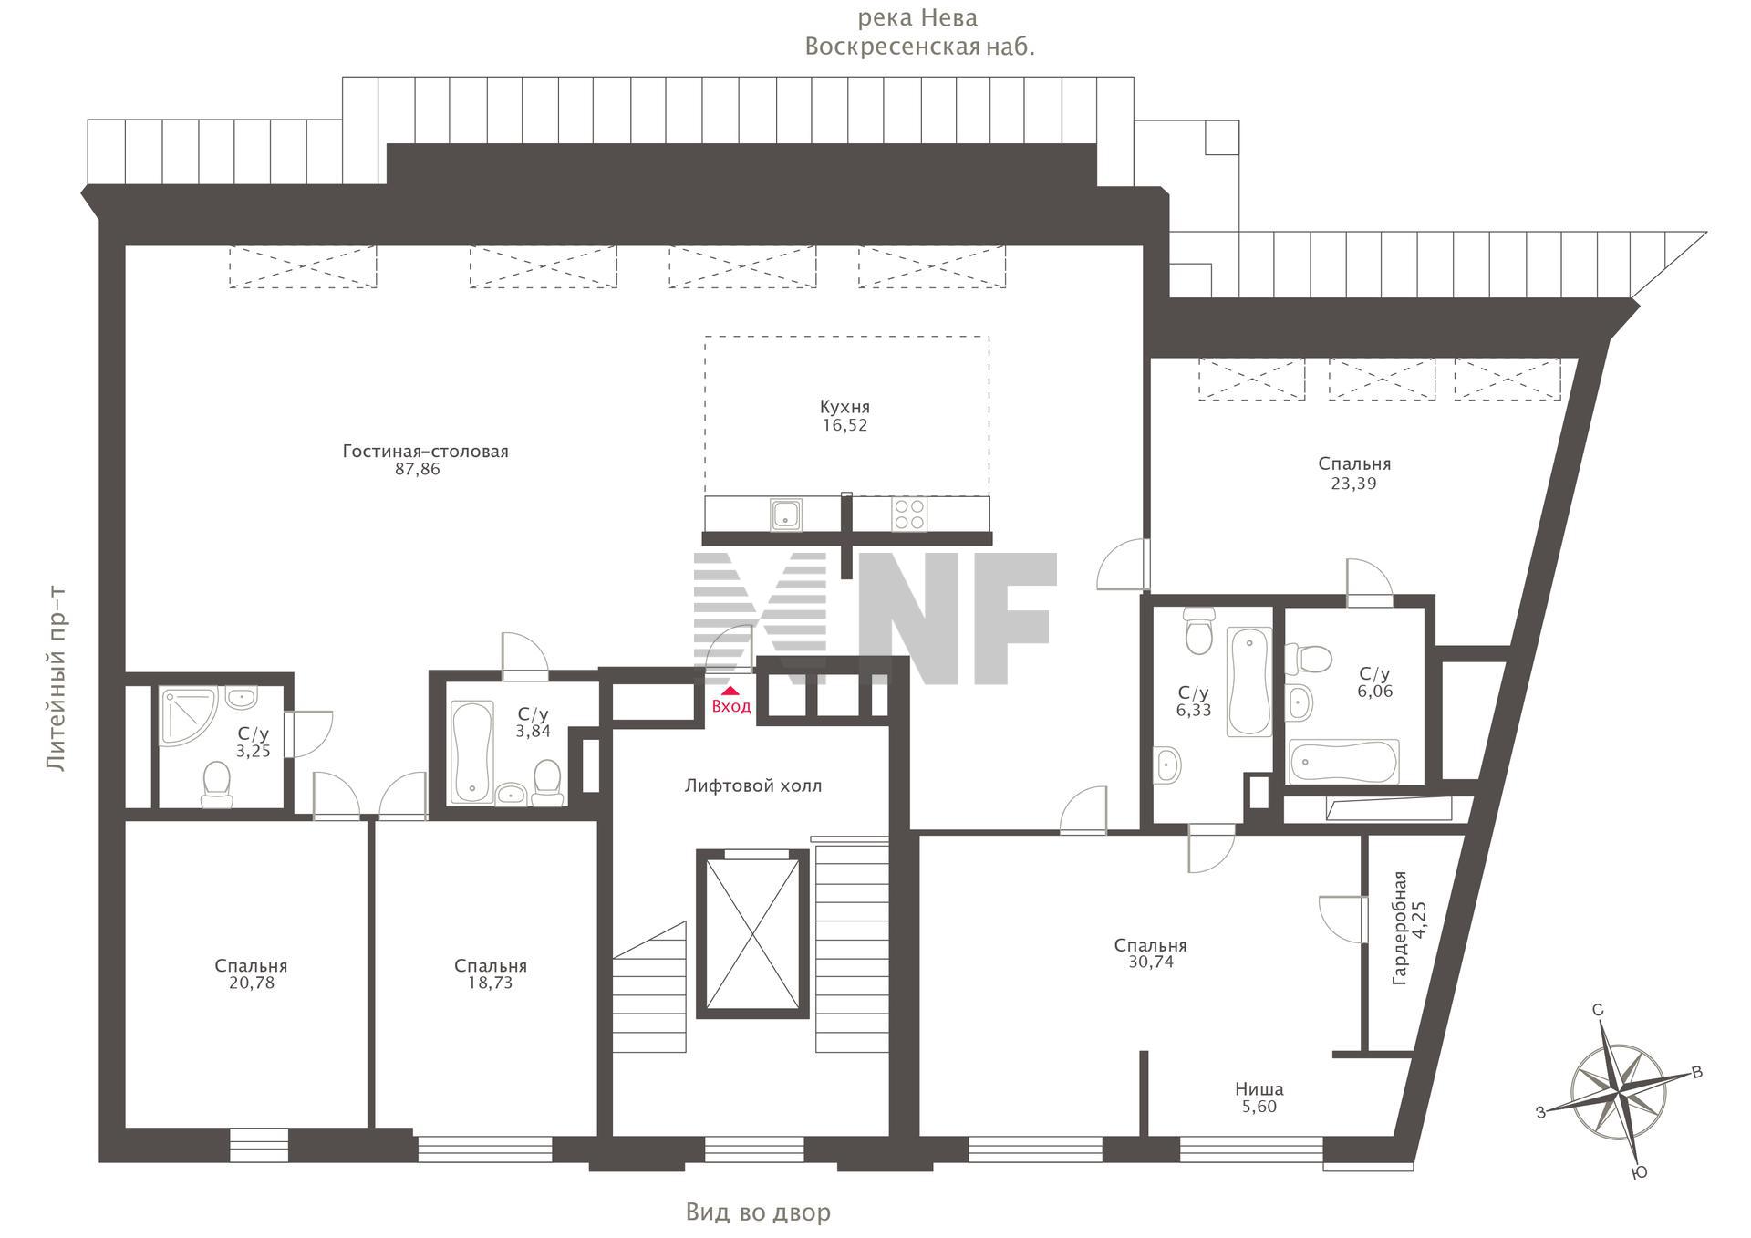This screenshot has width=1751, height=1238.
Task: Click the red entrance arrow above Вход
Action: pyautogui.click(x=730, y=691)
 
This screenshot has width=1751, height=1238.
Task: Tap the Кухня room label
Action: pyautogui.click(x=844, y=407)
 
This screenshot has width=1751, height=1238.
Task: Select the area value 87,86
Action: pyautogui.click(x=418, y=470)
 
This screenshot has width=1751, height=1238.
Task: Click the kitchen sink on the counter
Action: pyautogui.click(x=785, y=514)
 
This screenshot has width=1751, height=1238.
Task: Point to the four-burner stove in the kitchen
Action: pyautogui.click(x=908, y=514)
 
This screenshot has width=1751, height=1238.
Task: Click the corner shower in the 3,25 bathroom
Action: pyautogui.click(x=188, y=717)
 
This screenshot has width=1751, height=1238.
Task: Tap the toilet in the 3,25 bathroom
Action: pyautogui.click(x=217, y=785)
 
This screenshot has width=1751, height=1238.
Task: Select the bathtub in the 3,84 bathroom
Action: pyautogui.click(x=471, y=752)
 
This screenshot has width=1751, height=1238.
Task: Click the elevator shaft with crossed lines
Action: pyautogui.click(x=752, y=933)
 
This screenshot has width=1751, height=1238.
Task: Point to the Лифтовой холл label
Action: pyautogui.click(x=753, y=785)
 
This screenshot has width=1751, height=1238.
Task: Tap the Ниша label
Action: pyautogui.click(x=1259, y=1088)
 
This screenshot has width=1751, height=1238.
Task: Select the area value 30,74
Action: pyautogui.click(x=1151, y=962)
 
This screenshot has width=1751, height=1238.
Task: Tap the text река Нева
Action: pyautogui.click(x=917, y=18)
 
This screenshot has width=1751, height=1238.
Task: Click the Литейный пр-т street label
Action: pyautogui.click(x=57, y=679)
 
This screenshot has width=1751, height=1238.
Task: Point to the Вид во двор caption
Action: pyautogui.click(x=759, y=1212)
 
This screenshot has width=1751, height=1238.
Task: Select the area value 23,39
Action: pyautogui.click(x=1353, y=484)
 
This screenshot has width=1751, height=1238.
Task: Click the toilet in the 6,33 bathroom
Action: pyautogui.click(x=1199, y=631)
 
